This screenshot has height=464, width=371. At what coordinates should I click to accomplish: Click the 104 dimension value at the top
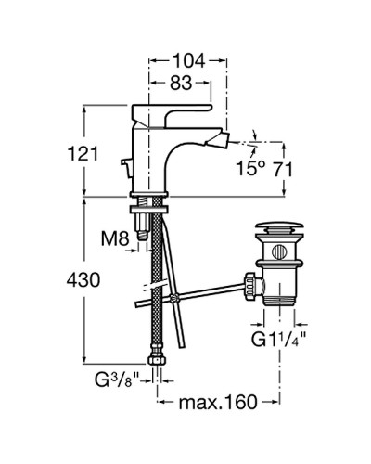[x=188, y=60]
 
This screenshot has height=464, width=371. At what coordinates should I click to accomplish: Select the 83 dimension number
[x=181, y=83]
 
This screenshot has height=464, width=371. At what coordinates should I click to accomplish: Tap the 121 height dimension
[x=83, y=153]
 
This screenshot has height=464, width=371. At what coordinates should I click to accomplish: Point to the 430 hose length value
[x=83, y=280]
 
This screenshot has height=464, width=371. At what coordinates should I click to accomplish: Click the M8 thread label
[x=115, y=238]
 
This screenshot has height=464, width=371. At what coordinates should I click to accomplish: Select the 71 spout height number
[x=282, y=169]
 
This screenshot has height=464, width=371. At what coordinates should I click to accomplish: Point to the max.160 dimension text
[x=218, y=402]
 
